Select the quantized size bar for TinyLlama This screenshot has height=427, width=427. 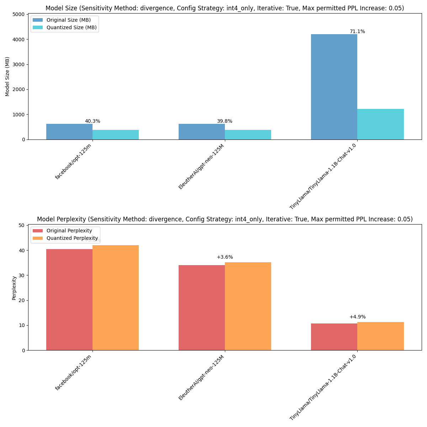point(380,124)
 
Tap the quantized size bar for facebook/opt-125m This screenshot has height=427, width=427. point(116,135)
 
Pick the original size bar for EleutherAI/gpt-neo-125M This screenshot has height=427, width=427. point(201,132)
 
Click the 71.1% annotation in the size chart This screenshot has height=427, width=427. point(357,32)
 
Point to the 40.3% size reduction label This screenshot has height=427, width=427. point(93,121)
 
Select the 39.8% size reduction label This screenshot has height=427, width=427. point(225,121)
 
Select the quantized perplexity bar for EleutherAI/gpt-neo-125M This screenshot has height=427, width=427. point(248,306)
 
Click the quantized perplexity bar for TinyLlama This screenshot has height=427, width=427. point(380,336)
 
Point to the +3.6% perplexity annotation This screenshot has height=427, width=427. point(225,257)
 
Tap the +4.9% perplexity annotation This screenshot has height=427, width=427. point(357,317)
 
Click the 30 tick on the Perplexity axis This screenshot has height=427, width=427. point(22,275)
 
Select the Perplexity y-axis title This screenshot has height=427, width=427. point(14,288)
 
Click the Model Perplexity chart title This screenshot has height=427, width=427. point(225,220)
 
